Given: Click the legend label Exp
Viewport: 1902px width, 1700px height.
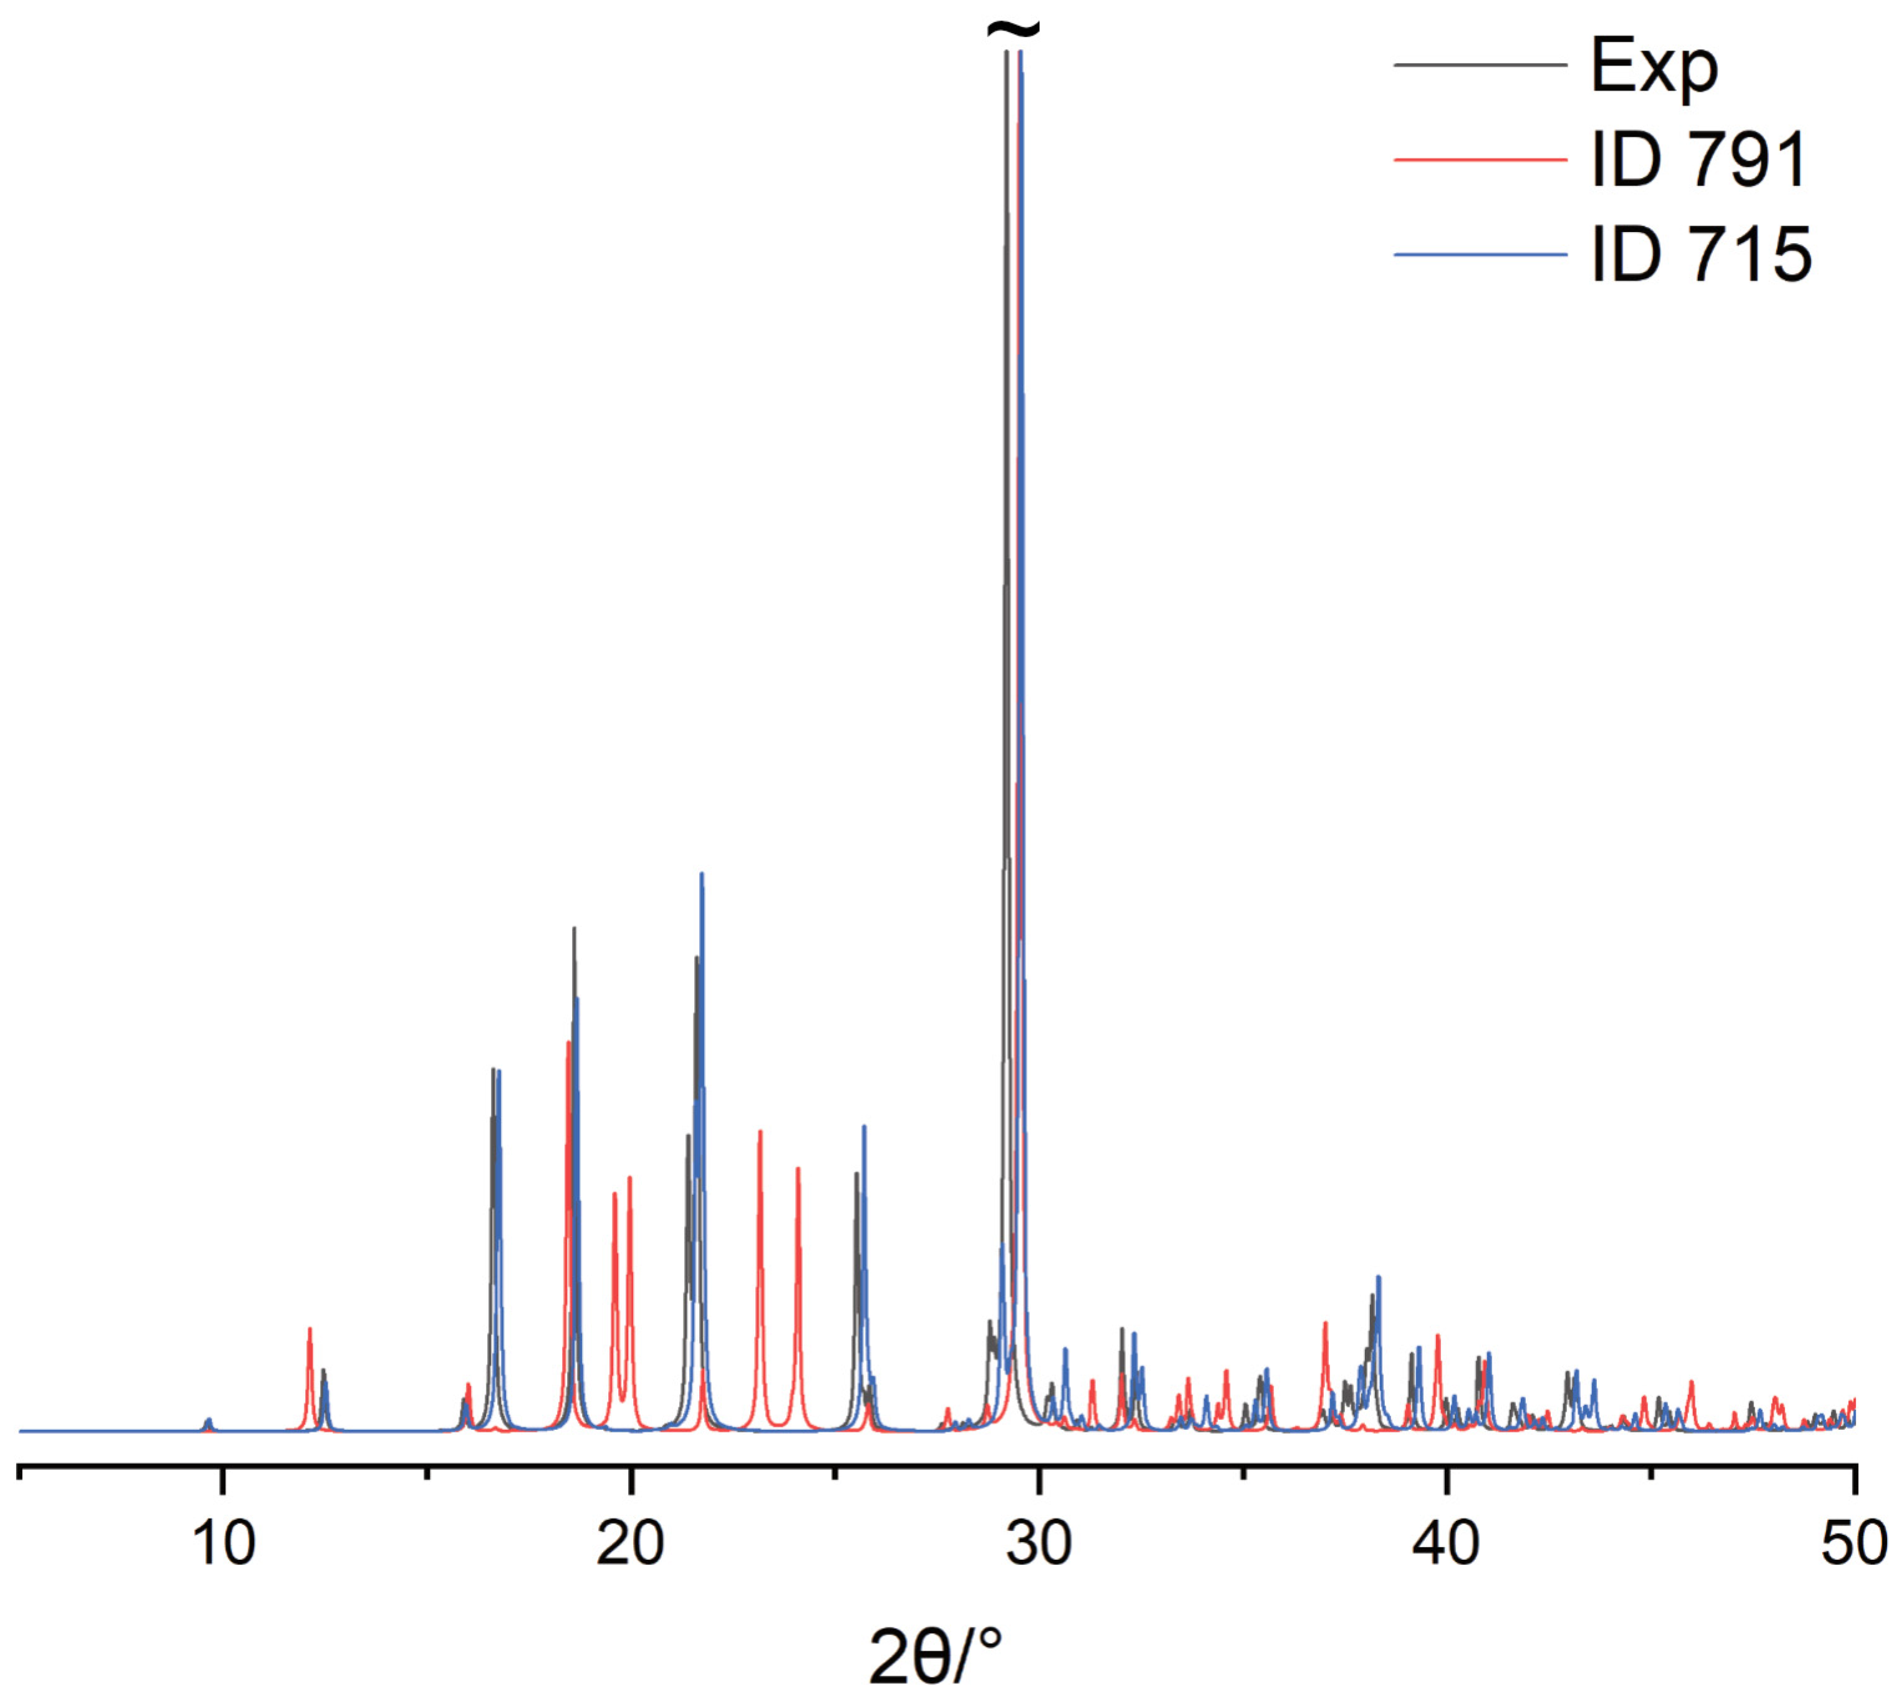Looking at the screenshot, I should [1654, 67].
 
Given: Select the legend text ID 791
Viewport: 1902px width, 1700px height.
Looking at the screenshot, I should [1699, 161].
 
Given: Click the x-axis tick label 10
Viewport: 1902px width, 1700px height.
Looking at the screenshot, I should [223, 1544].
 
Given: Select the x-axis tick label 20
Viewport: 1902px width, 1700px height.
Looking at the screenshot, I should [631, 1544].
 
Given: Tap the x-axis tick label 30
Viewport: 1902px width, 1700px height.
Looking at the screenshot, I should [1038, 1544].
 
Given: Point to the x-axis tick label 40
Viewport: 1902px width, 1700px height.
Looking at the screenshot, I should [1446, 1544].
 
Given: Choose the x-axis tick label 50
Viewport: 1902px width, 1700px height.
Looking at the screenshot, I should [1853, 1544].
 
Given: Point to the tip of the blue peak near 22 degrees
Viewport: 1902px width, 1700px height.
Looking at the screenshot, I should [702, 874].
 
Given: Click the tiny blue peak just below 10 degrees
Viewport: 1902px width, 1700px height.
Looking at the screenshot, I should [208, 1422].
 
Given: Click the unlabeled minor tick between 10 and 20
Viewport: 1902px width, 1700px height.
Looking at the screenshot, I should [427, 1474].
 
